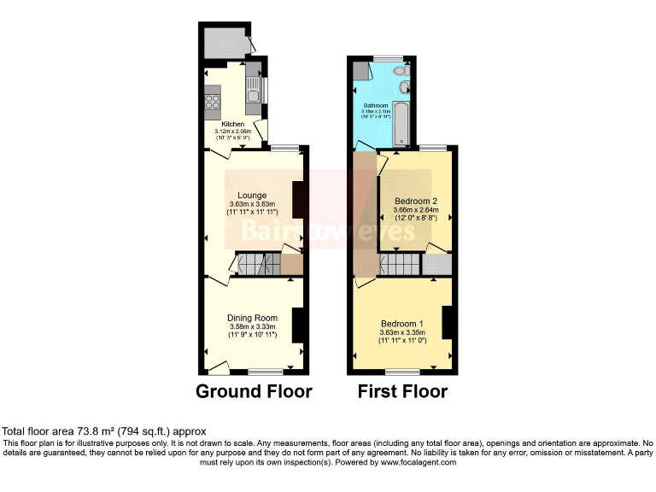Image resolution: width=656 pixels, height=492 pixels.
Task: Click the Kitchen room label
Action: click(233, 124)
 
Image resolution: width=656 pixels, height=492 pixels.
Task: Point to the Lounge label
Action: click(252, 195)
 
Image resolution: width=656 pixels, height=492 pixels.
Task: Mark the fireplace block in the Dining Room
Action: click(297, 325)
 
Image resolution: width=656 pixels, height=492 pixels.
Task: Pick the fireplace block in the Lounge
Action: click(298, 200)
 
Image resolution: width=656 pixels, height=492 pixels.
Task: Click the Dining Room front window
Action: click(266, 372)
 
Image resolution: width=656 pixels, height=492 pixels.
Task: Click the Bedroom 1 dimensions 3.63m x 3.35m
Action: click(401, 334)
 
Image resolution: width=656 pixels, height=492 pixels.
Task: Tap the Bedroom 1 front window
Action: click(402, 372)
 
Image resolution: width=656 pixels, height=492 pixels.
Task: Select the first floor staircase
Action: click(400, 264)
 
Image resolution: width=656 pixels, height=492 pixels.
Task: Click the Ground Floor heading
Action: click(254, 392)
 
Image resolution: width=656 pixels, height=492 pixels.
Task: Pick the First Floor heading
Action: click(401, 392)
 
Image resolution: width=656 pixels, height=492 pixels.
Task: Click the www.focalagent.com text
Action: click(419, 462)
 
